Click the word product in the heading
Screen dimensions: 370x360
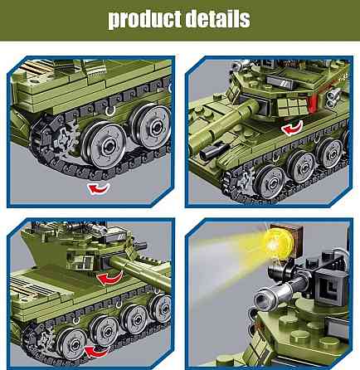point(144,20)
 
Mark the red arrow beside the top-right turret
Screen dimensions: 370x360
point(290,129)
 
